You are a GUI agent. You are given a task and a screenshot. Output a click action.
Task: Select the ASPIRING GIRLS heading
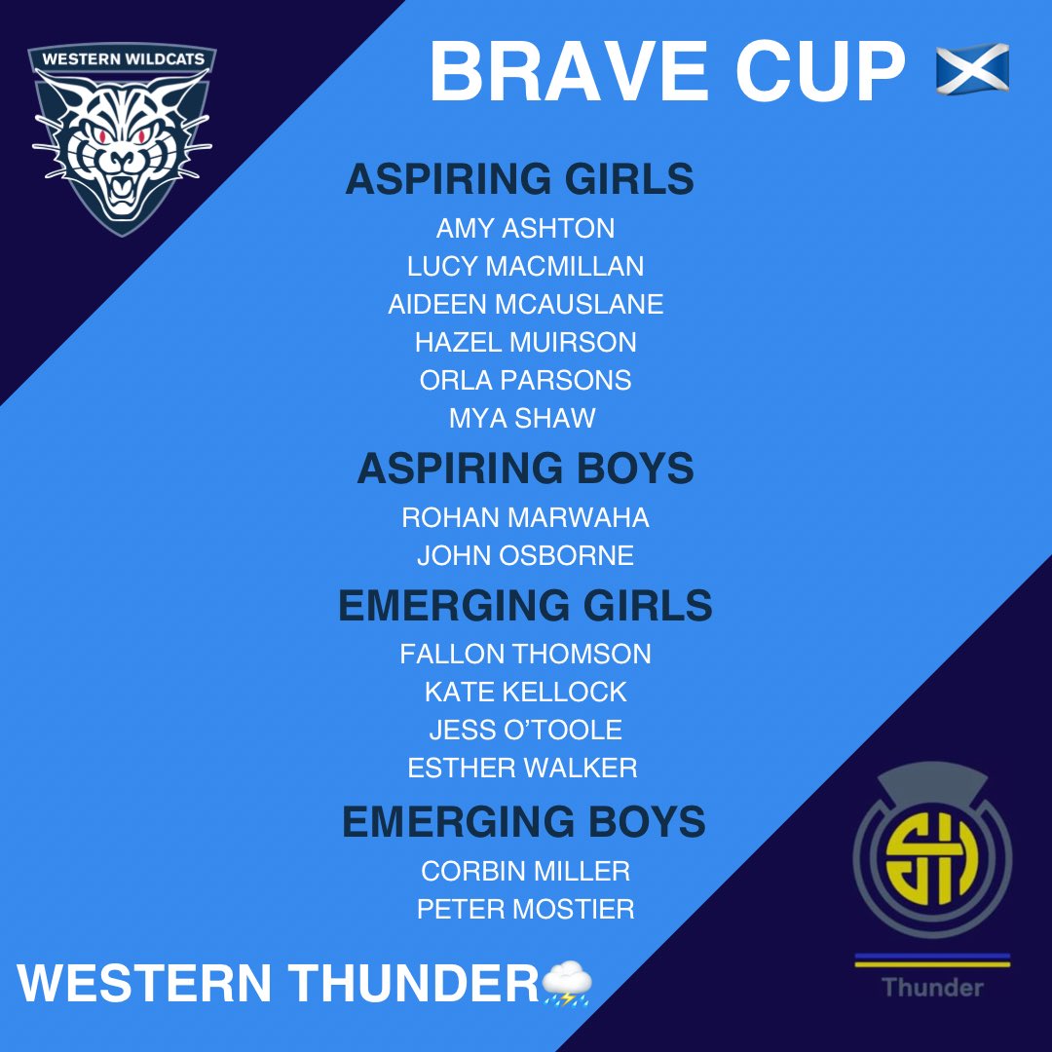[519, 180]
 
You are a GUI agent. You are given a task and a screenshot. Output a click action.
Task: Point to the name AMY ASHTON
[525, 229]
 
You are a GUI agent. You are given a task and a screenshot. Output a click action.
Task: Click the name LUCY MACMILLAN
[525, 266]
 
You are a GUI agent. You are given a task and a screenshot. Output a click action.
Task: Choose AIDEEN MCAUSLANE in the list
[525, 304]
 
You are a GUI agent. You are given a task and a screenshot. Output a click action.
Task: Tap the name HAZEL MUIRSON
[525, 342]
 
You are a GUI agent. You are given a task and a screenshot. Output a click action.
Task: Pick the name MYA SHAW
[522, 418]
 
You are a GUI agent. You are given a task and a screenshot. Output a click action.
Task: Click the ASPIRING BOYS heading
[525, 469]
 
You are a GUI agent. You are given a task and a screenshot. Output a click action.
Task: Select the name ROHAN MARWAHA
[525, 517]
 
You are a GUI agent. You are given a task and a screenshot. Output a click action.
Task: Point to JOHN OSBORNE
[525, 555]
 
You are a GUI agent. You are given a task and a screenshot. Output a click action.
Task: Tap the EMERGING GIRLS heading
[525, 606]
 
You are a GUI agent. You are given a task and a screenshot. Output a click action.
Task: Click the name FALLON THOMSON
[525, 654]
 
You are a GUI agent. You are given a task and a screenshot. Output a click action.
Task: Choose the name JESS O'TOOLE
[525, 730]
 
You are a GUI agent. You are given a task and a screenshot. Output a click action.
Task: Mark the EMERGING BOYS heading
[523, 822]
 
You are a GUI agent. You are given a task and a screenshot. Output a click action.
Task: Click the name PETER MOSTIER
[525, 909]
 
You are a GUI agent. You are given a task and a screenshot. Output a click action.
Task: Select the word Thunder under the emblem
[932, 987]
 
